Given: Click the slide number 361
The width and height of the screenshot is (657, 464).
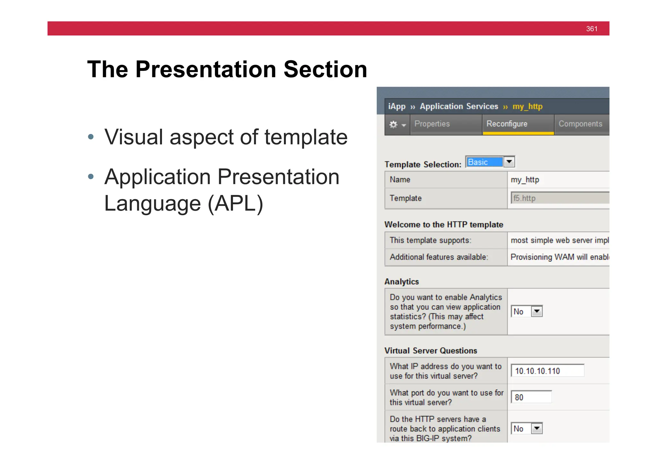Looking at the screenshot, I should [x=591, y=29].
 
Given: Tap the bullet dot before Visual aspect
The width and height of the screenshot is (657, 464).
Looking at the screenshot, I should [x=91, y=137].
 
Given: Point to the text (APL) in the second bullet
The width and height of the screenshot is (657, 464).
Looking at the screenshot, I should [x=235, y=204].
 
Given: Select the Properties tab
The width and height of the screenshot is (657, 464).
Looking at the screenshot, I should [x=432, y=124].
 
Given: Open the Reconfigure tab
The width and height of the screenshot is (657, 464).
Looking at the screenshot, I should [x=507, y=124].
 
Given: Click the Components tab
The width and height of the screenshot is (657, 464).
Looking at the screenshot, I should [x=580, y=124].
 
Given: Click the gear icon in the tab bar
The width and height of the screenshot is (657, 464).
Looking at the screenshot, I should [x=394, y=124].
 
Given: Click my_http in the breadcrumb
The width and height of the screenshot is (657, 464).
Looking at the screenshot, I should [x=527, y=106].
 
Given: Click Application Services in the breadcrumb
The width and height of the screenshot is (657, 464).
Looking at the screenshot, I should [x=459, y=106].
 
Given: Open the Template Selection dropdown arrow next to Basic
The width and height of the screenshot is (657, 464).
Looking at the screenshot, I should [x=509, y=162].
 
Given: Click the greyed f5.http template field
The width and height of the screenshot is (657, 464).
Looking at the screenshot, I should [x=559, y=198].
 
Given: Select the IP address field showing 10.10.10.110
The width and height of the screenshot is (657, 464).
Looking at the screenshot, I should [x=547, y=371].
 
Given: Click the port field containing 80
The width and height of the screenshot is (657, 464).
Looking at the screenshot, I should [x=531, y=397].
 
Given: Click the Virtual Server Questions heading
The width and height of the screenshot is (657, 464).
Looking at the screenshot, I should [x=431, y=350].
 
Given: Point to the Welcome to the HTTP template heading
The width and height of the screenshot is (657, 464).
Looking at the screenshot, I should [x=444, y=224].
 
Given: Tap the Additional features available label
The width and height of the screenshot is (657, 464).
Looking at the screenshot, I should [x=439, y=257].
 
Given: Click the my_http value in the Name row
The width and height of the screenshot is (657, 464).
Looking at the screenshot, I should [x=525, y=180].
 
